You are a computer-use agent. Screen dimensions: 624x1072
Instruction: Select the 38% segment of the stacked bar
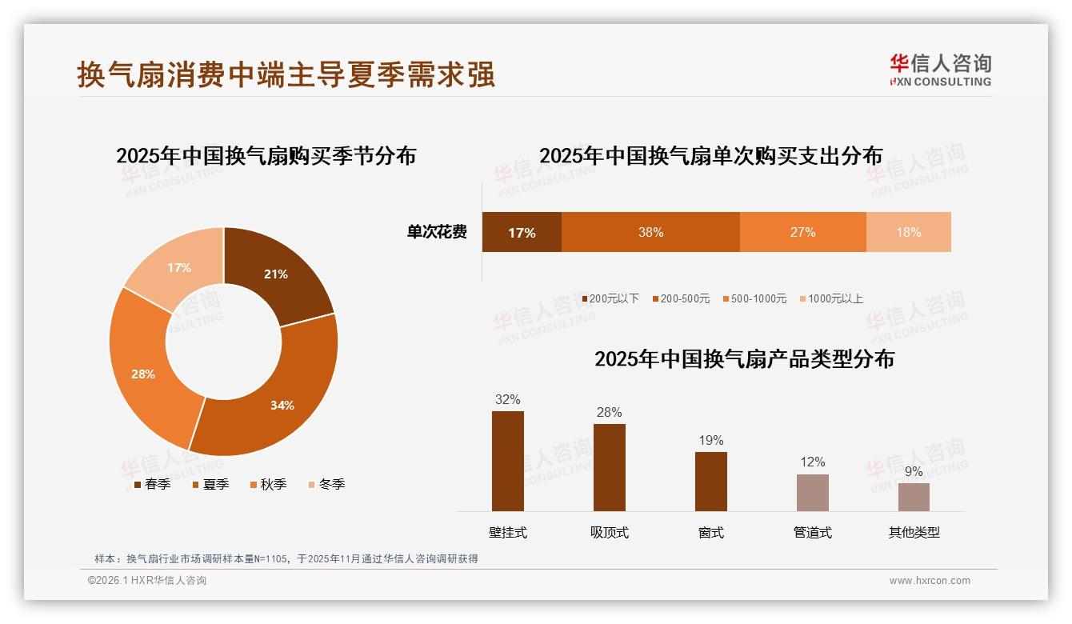click(x=650, y=232)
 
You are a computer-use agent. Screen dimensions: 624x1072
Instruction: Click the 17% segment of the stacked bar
click(x=522, y=232)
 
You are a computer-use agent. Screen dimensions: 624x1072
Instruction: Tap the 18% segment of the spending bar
click(x=908, y=232)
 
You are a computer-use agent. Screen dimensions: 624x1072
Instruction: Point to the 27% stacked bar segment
click(x=802, y=232)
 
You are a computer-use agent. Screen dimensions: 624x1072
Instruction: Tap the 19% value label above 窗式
click(x=710, y=440)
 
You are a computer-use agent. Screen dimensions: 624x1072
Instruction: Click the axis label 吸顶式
click(x=610, y=532)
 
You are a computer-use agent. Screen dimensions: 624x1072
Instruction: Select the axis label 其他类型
click(x=914, y=532)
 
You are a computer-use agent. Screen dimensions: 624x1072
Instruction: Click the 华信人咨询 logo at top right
click(x=940, y=70)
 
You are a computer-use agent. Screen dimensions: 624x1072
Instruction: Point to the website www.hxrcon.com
click(x=930, y=581)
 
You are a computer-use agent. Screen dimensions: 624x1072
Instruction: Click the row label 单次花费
click(x=437, y=232)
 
